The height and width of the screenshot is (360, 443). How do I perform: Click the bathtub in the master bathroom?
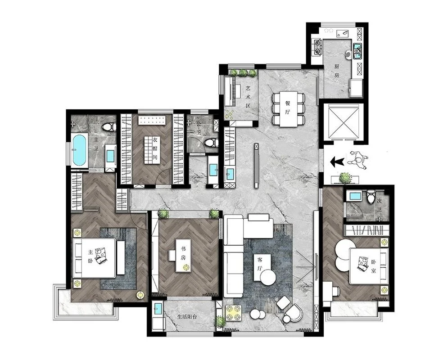79,150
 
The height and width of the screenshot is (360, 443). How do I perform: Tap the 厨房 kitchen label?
336,71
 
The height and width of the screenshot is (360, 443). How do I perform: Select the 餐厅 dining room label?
288,108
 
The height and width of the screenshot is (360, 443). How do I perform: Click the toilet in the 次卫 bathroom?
371,196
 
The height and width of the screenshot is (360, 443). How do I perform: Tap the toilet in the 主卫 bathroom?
109,127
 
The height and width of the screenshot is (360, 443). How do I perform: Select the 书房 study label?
183,253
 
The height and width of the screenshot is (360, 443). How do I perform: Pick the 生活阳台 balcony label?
187,316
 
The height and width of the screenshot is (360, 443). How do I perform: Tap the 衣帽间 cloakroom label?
155,149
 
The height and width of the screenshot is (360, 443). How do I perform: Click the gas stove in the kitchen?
318,47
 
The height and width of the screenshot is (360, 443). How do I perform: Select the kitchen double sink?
357,51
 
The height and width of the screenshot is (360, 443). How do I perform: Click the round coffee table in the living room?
268,277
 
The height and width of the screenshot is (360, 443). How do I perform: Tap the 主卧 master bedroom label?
90,256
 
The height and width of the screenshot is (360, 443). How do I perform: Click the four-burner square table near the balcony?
233,313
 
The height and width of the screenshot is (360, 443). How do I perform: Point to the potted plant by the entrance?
345,178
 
